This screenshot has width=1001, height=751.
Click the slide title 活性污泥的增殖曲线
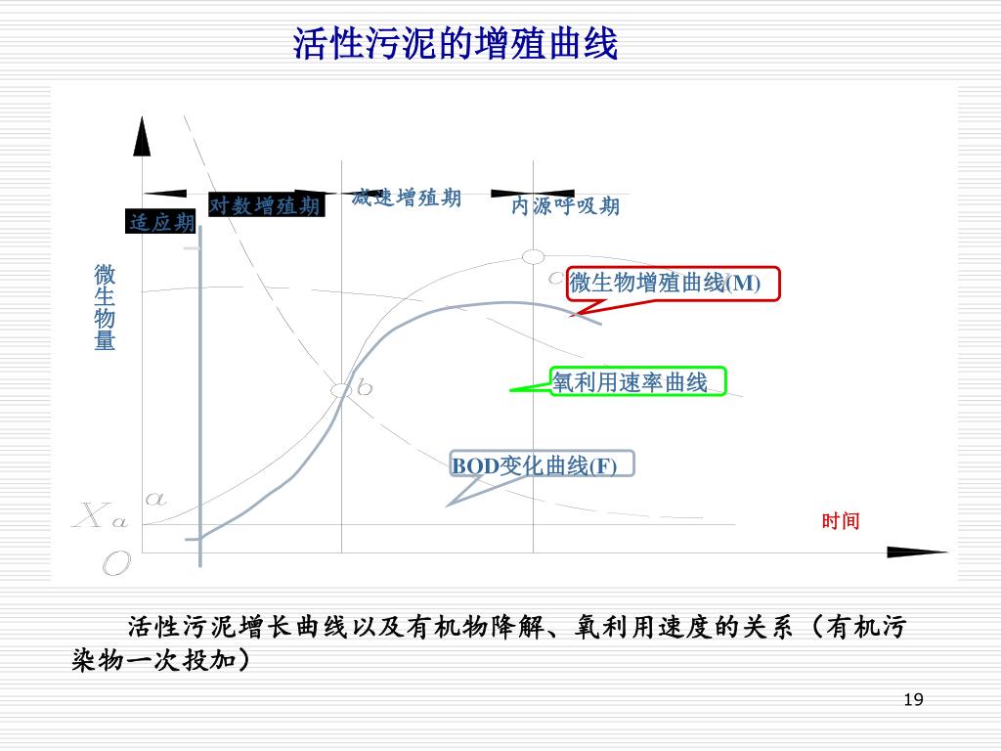pyautogui.click(x=456, y=44)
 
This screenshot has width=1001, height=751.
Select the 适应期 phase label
pyautogui.click(x=161, y=223)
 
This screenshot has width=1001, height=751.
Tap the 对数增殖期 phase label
pyautogui.click(x=265, y=205)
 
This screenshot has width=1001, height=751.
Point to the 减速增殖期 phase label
pyautogui.click(x=406, y=198)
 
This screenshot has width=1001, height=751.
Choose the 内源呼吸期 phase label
pyautogui.click(x=565, y=206)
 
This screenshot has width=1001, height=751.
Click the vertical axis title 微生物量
pyautogui.click(x=105, y=307)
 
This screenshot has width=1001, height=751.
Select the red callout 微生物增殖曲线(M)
pyautogui.click(x=674, y=284)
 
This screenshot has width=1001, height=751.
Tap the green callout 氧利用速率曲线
pyautogui.click(x=638, y=382)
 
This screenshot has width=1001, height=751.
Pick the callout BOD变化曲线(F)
pyautogui.click(x=542, y=464)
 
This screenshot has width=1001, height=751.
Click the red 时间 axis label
pyautogui.click(x=840, y=521)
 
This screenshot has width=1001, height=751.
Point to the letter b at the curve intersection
pyautogui.click(x=365, y=388)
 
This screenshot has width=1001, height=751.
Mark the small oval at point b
pyautogui.click(x=341, y=390)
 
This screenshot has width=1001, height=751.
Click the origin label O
pyautogui.click(x=116, y=563)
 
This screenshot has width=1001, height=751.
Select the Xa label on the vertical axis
pyautogui.click(x=100, y=515)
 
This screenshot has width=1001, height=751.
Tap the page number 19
pyautogui.click(x=914, y=699)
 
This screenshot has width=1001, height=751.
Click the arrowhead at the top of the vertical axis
pyautogui.click(x=143, y=137)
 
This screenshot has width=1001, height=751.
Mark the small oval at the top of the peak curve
pyautogui.click(x=533, y=256)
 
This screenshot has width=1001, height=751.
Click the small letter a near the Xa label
pyautogui.click(x=154, y=498)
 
